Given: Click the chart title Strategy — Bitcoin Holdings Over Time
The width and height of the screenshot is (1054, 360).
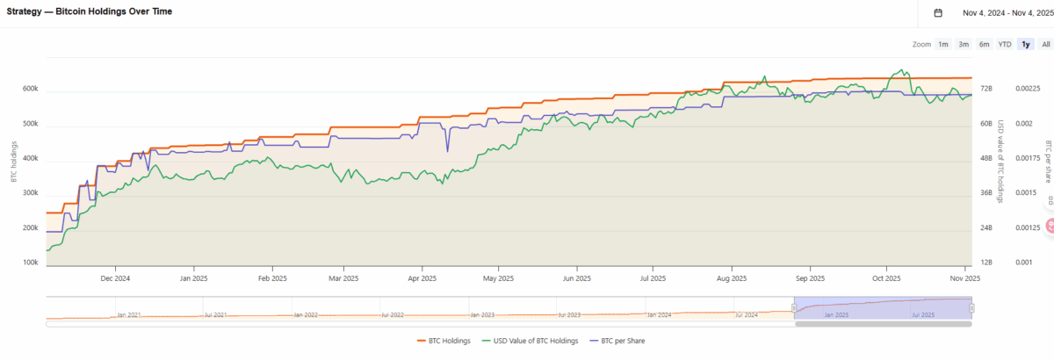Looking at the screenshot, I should pos(89,11).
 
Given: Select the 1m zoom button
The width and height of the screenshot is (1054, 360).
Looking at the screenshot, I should pos(942,44).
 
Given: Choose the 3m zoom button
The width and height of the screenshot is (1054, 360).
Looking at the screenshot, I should pos(964,44).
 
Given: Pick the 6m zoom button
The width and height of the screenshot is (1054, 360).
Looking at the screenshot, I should pos(984,44).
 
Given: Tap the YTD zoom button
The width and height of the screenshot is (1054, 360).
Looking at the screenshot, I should pos(1005,44).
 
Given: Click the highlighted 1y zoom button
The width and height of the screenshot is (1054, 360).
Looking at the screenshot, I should pos(1026,44).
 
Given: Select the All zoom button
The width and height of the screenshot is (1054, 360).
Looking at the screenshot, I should pos(1045,44).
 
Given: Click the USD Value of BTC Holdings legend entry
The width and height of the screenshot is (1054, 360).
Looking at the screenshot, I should pos(532,341).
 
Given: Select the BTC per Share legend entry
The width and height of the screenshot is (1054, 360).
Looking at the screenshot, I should pos(623,341).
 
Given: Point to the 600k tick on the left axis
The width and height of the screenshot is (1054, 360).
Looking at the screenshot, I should pos(30,89).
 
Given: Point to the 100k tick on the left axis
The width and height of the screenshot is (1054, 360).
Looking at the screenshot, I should pos(30,263).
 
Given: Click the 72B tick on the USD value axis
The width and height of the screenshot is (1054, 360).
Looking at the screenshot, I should pos(986,89).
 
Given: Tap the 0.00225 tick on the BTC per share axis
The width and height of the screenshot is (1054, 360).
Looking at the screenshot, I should pos(1028,89).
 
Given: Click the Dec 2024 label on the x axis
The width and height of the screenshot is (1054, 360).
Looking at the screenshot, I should pos(115,278).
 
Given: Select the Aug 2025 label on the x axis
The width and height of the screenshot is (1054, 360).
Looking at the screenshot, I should pos(732,278).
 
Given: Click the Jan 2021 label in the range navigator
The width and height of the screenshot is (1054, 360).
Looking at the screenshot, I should pos(127,313).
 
